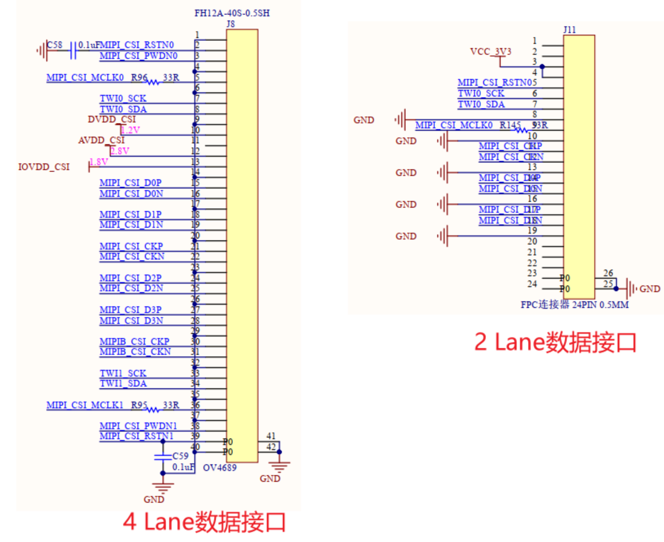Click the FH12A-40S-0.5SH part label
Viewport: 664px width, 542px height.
pyautogui.click(x=232, y=13)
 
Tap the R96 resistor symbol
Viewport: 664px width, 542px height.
pyautogui.click(x=153, y=82)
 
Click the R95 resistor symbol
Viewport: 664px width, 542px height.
pyautogui.click(x=153, y=410)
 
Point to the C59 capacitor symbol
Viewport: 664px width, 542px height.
pyautogui.click(x=163, y=457)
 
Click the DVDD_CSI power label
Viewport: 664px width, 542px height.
pyautogui.click(x=112, y=120)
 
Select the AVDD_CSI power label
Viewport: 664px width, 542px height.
pyautogui.click(x=101, y=140)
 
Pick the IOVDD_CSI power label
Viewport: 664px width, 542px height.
pyautogui.click(x=44, y=167)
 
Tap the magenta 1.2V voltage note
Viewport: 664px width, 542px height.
pyautogui.click(x=130, y=130)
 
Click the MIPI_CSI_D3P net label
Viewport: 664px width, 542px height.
pyautogui.click(x=130, y=310)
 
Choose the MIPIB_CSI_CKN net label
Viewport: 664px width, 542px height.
pyautogui.click(x=135, y=352)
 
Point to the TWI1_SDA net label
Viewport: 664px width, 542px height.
pyautogui.click(x=123, y=384)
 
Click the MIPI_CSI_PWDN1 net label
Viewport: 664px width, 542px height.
pyautogui.click(x=138, y=426)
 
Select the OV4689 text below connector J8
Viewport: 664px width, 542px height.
pyautogui.click(x=220, y=468)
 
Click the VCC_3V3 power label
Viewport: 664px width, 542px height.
pyautogui.click(x=490, y=52)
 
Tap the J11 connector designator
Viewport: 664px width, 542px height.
pyautogui.click(x=569, y=30)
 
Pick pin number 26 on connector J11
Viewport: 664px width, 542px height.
pyautogui.click(x=608, y=273)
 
